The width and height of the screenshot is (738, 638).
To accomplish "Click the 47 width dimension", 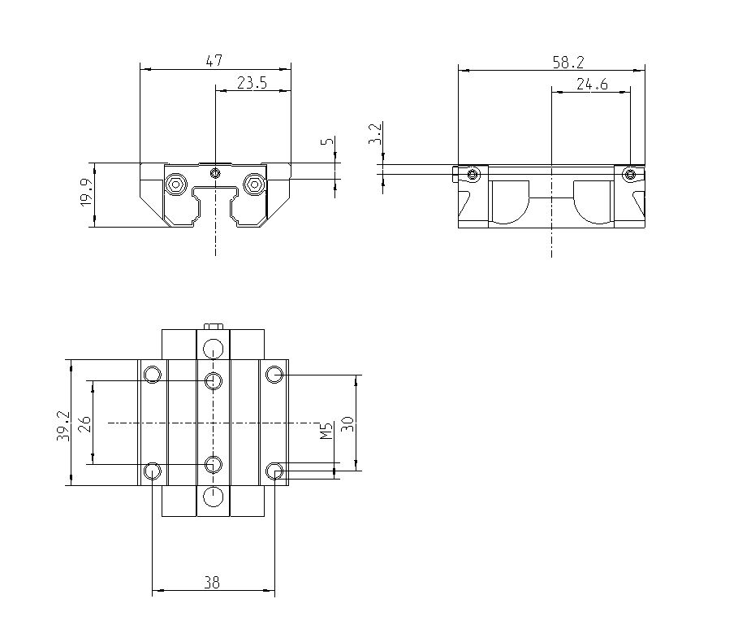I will (x=214, y=61).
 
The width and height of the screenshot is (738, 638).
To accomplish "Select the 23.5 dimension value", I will (x=252, y=83).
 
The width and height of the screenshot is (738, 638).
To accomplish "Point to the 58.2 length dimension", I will (x=569, y=61).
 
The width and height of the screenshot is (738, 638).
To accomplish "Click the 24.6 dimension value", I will (x=592, y=83).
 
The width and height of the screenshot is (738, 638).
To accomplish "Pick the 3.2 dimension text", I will (x=374, y=135).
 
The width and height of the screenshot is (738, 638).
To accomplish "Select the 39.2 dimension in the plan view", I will (x=63, y=423).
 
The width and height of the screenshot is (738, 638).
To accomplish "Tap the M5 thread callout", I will (x=326, y=431).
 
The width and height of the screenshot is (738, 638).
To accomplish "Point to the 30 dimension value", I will (x=348, y=423).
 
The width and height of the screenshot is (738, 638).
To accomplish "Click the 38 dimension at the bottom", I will (x=213, y=583).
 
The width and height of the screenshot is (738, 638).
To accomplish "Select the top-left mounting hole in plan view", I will (x=152, y=375).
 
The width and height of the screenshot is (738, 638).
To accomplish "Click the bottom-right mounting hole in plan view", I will (x=275, y=471).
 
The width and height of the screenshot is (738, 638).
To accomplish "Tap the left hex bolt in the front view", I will (x=175, y=184).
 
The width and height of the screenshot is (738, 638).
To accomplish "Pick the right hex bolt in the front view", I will (x=254, y=184).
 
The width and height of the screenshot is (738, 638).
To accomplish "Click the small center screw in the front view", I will (x=214, y=172).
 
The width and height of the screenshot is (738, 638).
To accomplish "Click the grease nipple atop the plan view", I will (x=214, y=327).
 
